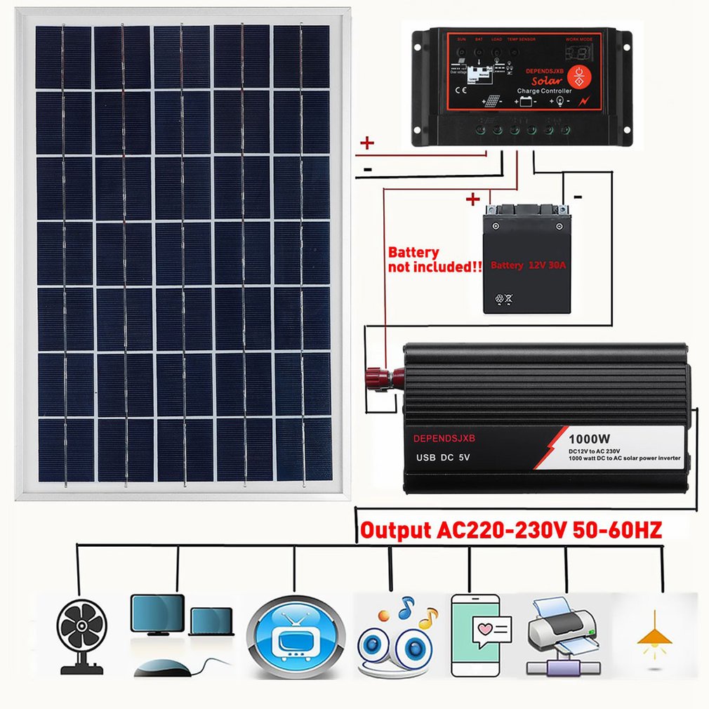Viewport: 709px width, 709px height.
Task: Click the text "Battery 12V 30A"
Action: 526,265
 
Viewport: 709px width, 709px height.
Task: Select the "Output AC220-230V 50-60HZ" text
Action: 511,530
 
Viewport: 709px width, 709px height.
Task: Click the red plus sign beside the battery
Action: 473,200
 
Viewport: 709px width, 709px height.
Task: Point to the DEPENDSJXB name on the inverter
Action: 444,438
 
